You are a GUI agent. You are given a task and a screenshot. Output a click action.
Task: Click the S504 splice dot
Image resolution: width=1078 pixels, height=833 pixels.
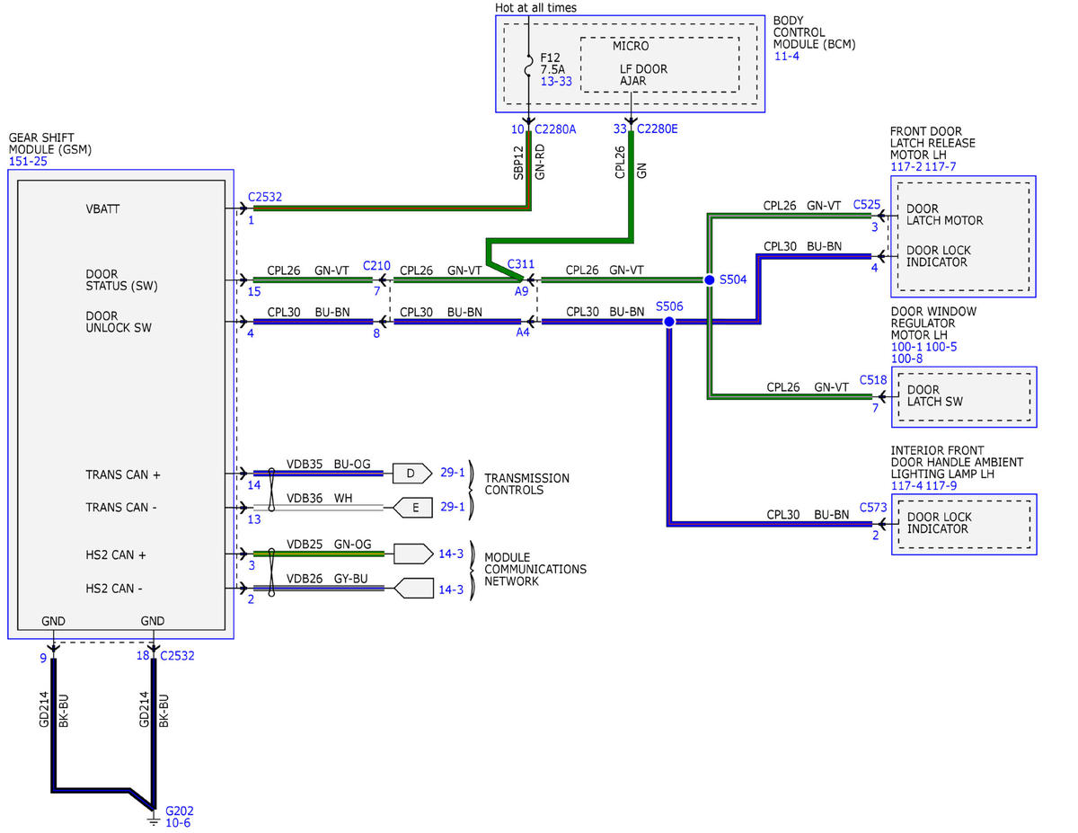(709, 279)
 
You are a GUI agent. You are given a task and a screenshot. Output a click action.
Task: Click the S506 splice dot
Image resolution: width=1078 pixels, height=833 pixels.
(668, 322)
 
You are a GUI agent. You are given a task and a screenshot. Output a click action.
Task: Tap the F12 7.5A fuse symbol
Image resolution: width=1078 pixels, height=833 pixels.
(528, 66)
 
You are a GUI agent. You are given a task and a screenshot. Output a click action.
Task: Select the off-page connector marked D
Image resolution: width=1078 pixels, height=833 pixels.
(411, 474)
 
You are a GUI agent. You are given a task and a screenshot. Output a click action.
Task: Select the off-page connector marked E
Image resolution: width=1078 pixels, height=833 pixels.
(412, 508)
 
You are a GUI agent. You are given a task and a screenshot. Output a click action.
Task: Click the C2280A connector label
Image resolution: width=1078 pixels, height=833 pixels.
(555, 129)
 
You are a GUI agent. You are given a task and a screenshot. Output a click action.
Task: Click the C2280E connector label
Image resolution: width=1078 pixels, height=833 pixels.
(657, 129)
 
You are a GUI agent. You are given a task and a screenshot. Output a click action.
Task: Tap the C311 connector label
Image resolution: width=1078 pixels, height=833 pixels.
(520, 264)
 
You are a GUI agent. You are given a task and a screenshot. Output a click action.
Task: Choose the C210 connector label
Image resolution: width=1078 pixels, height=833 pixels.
(376, 265)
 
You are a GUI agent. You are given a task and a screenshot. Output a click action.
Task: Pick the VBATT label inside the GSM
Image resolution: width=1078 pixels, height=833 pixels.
(102, 208)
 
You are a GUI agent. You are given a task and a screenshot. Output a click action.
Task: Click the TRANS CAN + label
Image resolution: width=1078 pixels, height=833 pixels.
(123, 474)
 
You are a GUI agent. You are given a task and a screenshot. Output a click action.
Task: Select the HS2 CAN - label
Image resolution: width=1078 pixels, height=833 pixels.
(114, 589)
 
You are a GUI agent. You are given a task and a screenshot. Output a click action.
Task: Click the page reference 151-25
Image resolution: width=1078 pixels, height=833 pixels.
(28, 161)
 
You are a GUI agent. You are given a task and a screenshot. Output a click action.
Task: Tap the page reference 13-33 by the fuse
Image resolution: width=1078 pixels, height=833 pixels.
(556, 82)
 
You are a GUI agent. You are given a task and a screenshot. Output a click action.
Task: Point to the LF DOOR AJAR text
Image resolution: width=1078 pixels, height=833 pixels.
(643, 75)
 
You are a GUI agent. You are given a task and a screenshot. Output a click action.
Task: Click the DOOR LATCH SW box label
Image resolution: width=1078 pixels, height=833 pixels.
(934, 395)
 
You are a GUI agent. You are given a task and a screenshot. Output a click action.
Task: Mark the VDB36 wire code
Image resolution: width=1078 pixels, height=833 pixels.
(305, 498)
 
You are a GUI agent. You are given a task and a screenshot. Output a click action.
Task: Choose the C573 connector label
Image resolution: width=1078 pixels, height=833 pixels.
(873, 507)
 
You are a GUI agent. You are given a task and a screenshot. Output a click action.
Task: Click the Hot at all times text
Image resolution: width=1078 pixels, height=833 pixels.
(535, 7)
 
